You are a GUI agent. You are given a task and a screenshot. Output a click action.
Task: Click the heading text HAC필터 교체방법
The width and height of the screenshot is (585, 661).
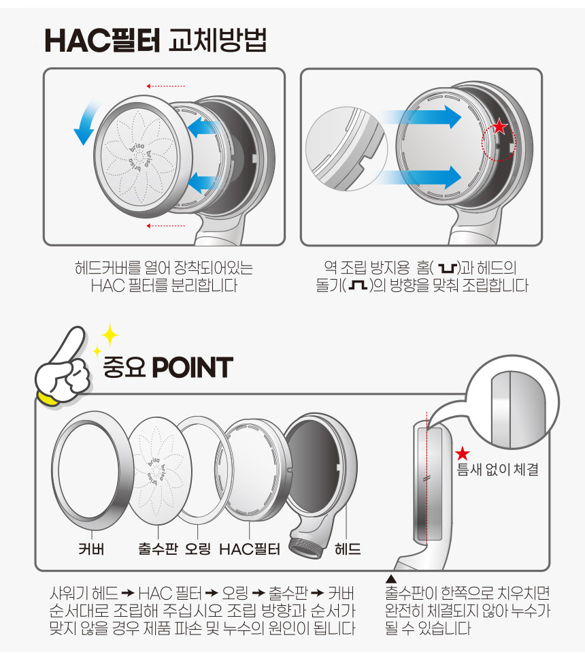click(155, 40)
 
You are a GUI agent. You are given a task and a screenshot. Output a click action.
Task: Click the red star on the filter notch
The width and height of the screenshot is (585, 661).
click(499, 126)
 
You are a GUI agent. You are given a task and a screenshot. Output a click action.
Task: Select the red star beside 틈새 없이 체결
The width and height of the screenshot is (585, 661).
click(462, 453)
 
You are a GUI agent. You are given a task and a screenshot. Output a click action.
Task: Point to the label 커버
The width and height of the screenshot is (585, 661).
click(91, 549)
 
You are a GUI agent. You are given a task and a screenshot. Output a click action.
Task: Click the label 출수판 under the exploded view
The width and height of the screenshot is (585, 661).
click(158, 549)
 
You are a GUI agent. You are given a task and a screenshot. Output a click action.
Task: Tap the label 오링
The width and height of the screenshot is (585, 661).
click(198, 549)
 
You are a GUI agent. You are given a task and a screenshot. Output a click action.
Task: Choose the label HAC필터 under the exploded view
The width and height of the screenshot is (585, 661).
click(250, 549)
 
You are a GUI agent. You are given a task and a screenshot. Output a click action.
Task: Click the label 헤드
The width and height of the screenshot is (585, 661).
click(348, 549)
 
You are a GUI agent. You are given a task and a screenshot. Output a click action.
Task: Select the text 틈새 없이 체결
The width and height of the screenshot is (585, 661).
click(498, 469)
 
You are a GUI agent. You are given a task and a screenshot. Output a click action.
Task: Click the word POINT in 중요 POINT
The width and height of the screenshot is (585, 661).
click(193, 367)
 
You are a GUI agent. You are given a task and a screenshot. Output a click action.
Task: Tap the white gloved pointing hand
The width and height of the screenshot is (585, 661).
click(63, 368)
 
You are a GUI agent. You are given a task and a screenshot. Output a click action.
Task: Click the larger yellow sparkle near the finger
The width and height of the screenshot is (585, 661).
click(110, 335)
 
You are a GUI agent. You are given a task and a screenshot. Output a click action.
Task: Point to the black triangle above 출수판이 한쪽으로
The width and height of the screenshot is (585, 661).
click(391, 579)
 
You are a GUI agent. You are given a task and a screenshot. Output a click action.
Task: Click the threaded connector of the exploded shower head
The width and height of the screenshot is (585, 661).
click(307, 548)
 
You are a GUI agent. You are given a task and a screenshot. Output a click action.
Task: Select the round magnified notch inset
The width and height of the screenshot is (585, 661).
click(346, 148)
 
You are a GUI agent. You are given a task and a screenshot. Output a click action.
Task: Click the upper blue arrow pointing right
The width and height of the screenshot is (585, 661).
click(421, 116)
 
